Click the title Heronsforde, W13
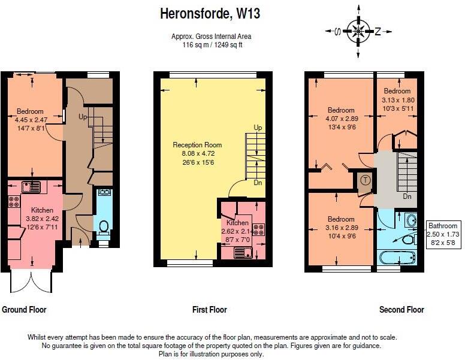pos(210,13)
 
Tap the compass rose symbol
pos(358,31)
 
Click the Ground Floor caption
pos(24,310)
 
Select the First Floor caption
pos(209,310)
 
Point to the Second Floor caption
pos(401,310)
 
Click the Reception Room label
pos(197,145)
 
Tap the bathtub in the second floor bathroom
pos(397,258)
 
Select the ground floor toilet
pos(103,226)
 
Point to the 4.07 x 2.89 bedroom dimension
pos(341,119)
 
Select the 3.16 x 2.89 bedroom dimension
pos(341,228)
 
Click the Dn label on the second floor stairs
pos(407,196)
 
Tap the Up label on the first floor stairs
pos(258,128)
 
